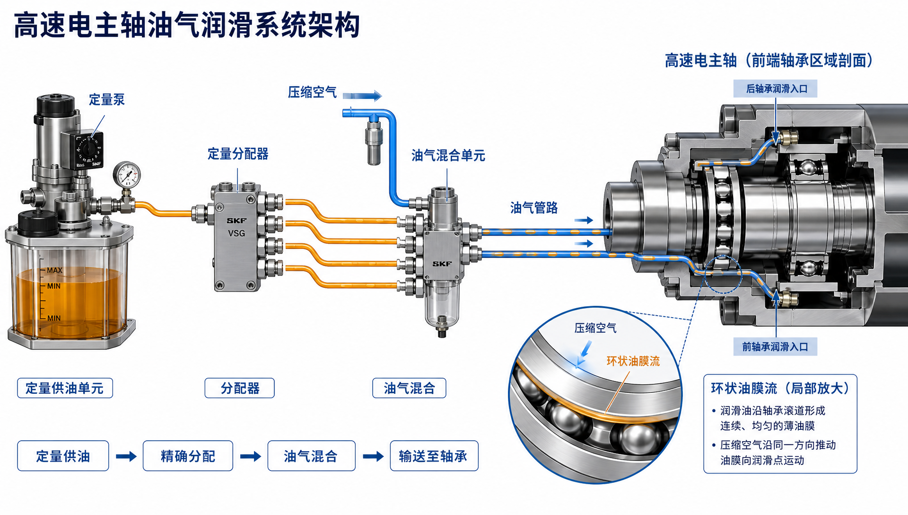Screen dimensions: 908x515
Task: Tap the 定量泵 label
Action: [x=107, y=99]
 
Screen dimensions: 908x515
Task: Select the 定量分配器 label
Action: [x=238, y=154]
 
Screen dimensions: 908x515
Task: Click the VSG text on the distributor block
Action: [x=236, y=233]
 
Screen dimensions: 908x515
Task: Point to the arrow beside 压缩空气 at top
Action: [x=362, y=96]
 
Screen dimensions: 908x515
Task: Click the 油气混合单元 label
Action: [x=448, y=155]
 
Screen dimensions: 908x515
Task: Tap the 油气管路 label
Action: [x=534, y=208]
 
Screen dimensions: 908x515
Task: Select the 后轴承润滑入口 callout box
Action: [x=775, y=89]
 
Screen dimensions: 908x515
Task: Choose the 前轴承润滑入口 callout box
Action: [x=775, y=347]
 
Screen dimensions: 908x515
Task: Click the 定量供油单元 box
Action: [x=65, y=388]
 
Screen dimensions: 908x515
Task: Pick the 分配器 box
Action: [x=239, y=388]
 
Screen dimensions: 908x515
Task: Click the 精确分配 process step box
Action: [x=188, y=456]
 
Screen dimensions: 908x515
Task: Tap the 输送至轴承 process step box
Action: [x=434, y=456]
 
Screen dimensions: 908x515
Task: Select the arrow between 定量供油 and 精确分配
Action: [x=126, y=456]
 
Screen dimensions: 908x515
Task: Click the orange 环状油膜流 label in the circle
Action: [x=633, y=361]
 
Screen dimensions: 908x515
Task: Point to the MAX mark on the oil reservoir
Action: [x=54, y=270]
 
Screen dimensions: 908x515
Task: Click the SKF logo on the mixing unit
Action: [x=442, y=264]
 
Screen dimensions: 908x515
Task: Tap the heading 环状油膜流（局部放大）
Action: [x=780, y=389]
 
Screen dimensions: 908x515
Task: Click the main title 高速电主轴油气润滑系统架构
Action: [x=187, y=25]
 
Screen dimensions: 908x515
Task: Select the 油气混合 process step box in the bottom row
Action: [x=311, y=456]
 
